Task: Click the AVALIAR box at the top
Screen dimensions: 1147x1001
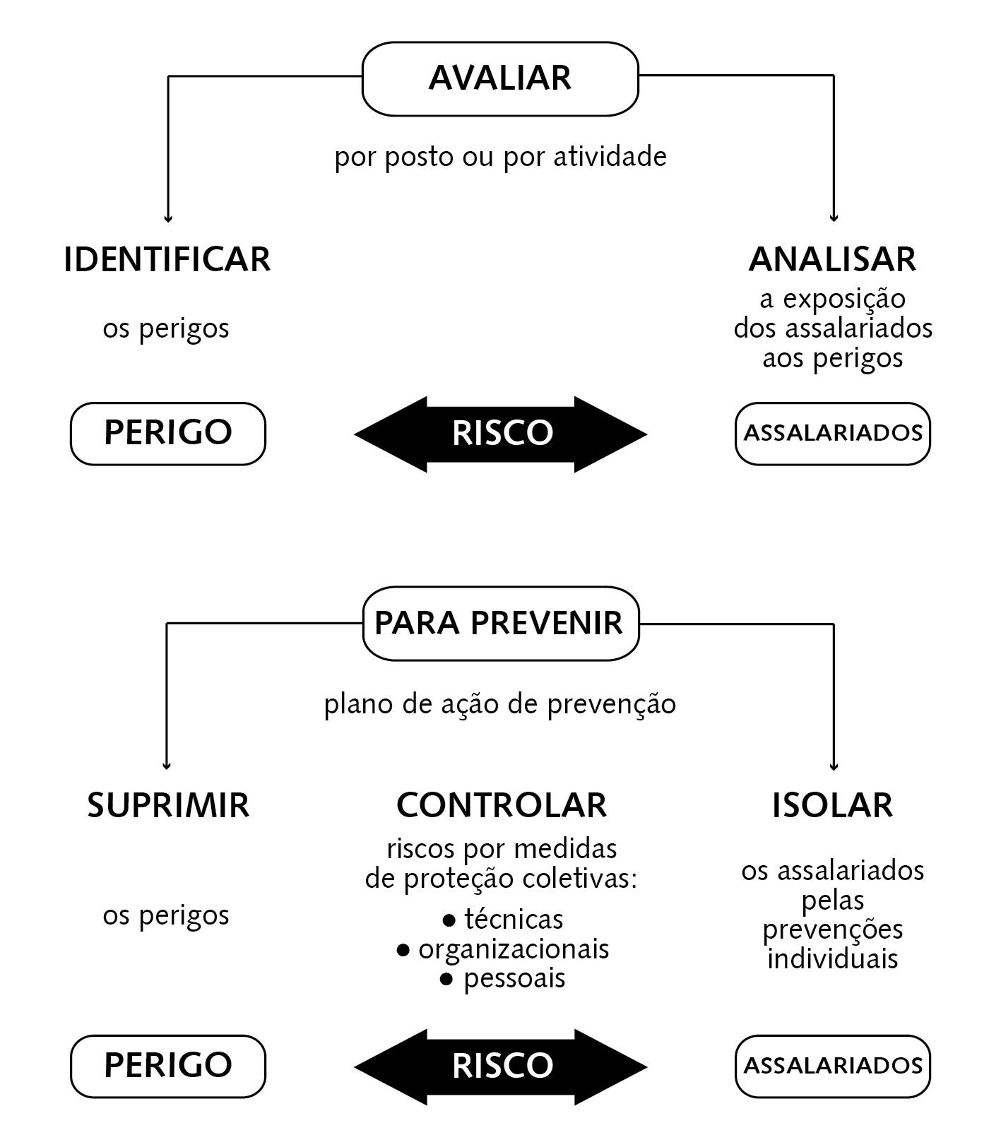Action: click(500, 78)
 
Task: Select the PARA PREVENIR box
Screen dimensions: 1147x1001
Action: click(500, 624)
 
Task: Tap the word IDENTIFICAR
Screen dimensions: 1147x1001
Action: click(167, 259)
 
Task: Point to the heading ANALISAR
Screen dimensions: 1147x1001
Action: click(832, 259)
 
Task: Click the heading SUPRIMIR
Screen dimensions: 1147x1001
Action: click(168, 805)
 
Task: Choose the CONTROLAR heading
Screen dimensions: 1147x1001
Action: click(501, 805)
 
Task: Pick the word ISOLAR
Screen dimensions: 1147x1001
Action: click(832, 805)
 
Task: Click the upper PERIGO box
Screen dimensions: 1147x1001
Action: click(168, 433)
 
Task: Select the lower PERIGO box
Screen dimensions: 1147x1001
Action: click(168, 1066)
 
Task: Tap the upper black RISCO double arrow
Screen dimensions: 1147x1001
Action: click(501, 434)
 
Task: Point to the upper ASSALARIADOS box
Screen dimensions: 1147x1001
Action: click(833, 433)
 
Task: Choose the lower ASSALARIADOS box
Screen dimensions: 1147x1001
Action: click(833, 1066)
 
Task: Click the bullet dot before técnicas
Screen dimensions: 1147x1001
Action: click(449, 921)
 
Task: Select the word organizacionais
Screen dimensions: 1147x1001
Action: click(514, 949)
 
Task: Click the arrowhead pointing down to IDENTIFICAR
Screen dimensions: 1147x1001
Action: click(168, 218)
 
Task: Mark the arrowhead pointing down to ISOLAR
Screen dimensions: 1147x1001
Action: click(834, 765)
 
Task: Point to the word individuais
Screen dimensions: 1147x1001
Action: click(833, 959)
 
